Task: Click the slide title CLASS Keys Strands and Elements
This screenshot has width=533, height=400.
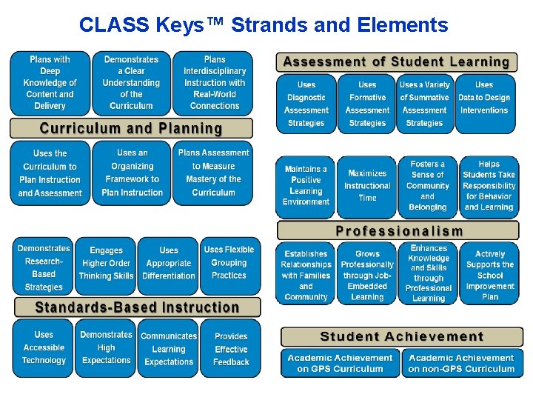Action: tap(264, 25)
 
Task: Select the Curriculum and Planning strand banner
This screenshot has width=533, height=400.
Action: tap(131, 128)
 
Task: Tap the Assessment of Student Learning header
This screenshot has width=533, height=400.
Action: tap(397, 62)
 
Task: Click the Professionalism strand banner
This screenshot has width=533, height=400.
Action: tap(399, 230)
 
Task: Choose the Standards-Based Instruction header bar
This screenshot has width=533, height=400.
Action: tap(138, 307)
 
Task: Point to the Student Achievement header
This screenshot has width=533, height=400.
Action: tap(401, 337)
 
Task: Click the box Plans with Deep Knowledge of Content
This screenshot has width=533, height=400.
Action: tap(50, 83)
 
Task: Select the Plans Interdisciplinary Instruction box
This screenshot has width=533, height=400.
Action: tap(214, 83)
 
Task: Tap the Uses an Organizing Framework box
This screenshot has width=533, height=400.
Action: tap(132, 173)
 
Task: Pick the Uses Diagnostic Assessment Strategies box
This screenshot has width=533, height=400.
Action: tap(306, 104)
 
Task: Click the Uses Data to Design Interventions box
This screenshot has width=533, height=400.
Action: tap(484, 104)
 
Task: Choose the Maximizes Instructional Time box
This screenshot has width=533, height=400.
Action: tap(367, 185)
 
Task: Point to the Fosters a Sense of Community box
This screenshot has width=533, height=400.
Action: tap(427, 185)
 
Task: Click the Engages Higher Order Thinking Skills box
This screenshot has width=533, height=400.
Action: tap(106, 264)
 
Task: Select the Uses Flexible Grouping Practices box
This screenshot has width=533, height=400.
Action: tap(229, 264)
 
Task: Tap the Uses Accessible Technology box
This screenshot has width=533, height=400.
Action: tap(44, 348)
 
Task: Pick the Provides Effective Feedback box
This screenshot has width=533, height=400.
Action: tap(230, 348)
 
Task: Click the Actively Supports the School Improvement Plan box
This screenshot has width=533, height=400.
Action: tap(489, 273)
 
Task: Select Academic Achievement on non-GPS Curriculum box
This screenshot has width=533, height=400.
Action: tap(461, 363)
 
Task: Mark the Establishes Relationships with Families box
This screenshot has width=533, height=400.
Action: tap(306, 273)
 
